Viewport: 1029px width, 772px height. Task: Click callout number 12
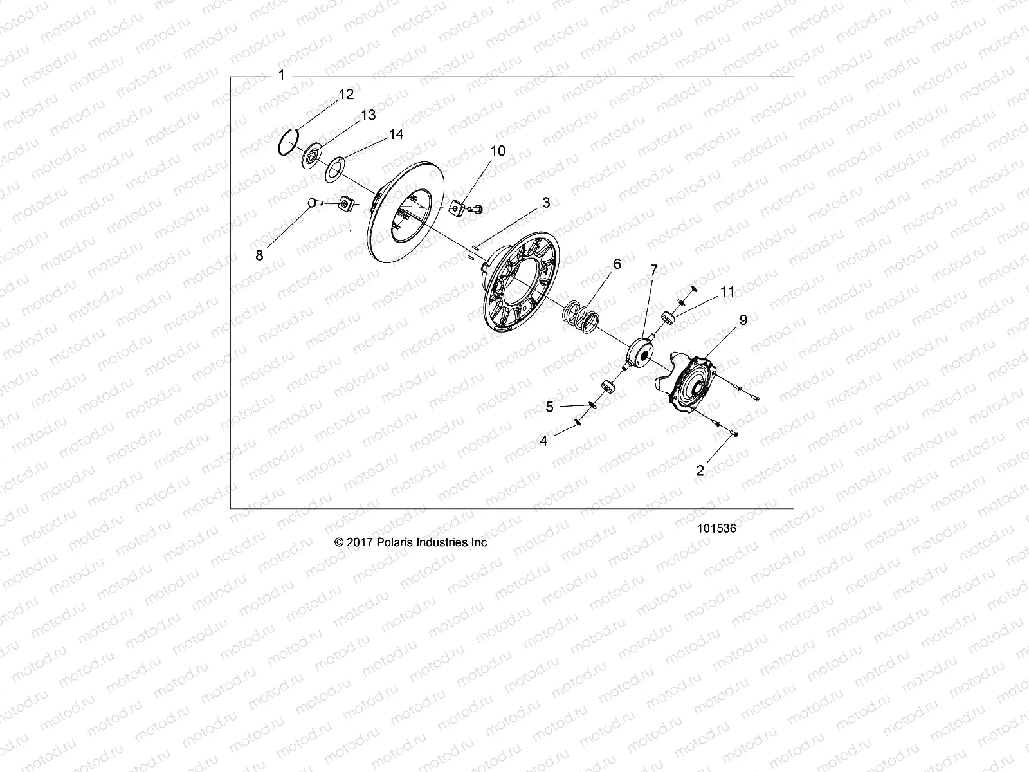[346, 95]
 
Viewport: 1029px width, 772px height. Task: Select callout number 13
[368, 115]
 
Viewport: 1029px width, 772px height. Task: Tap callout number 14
[396, 134]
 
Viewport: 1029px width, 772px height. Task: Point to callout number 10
[516, 151]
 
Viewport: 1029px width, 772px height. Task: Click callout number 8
[260, 255]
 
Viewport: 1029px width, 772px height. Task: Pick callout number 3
[546, 203]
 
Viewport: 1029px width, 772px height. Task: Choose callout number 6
[617, 264]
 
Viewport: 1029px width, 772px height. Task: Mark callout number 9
[743, 320]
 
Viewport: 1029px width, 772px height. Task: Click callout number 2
[700, 470]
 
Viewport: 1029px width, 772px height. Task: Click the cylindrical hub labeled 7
[640, 353]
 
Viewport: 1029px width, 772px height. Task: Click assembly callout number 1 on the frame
[281, 75]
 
